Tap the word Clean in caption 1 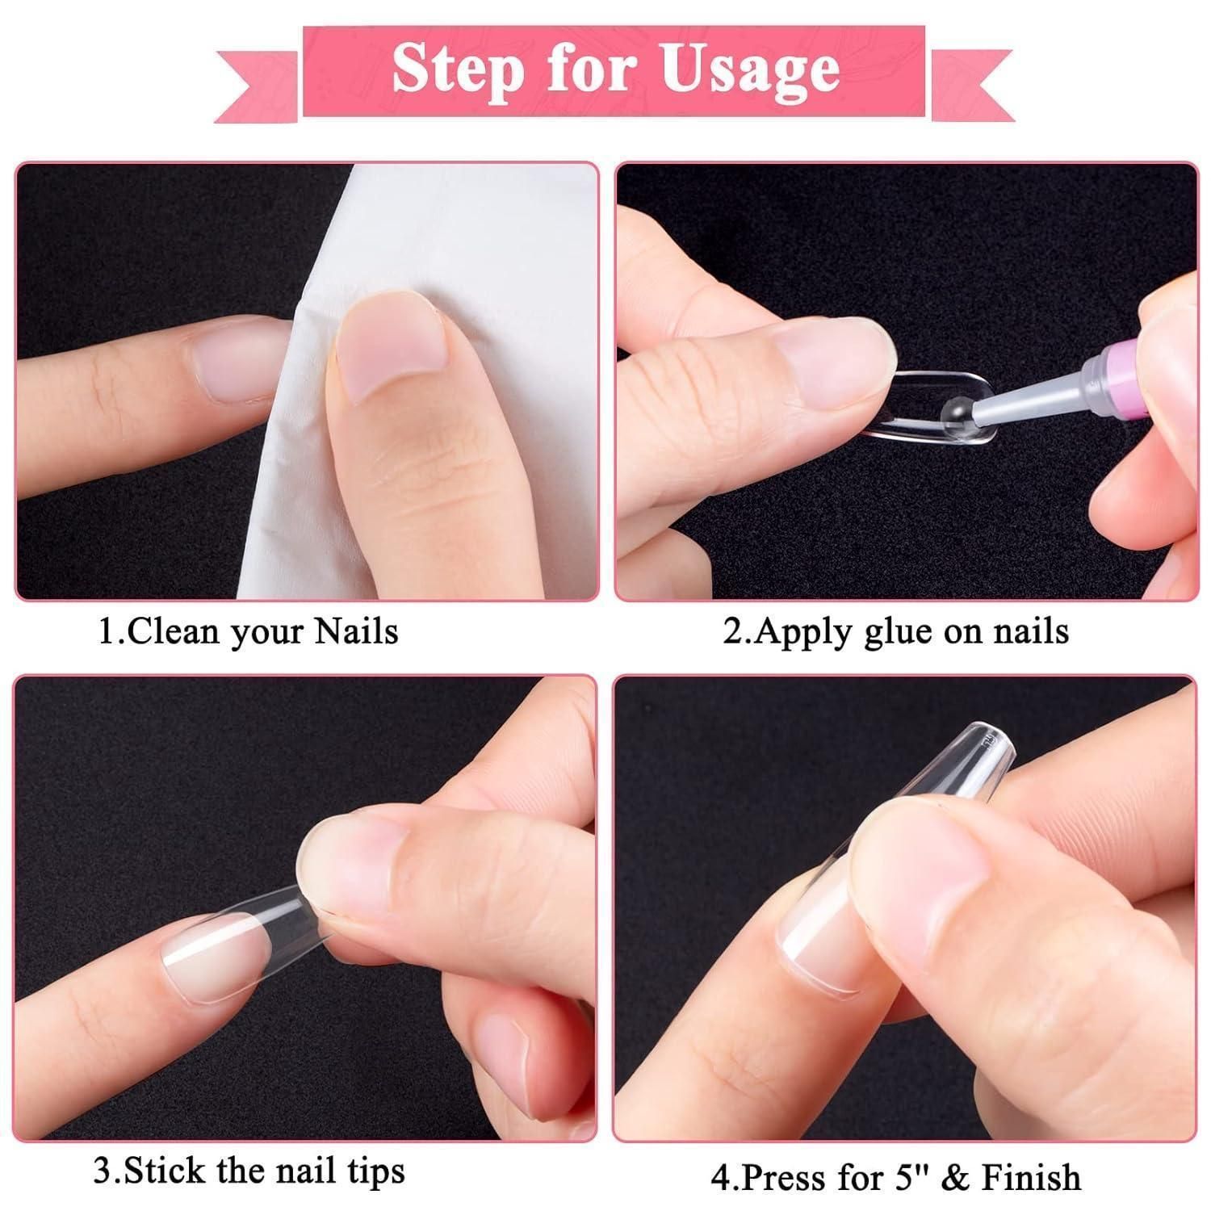(173, 631)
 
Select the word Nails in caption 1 (356, 631)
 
